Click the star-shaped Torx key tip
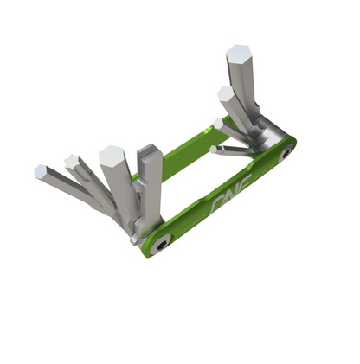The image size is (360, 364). click(70, 162)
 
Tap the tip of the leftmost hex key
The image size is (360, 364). click(41, 172)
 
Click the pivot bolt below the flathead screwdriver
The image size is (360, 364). click(158, 245)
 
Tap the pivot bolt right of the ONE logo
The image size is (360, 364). click(285, 154)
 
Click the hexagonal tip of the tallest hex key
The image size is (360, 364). click(238, 54)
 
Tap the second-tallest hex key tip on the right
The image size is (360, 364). click(225, 93)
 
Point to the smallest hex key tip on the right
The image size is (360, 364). click(214, 150)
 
